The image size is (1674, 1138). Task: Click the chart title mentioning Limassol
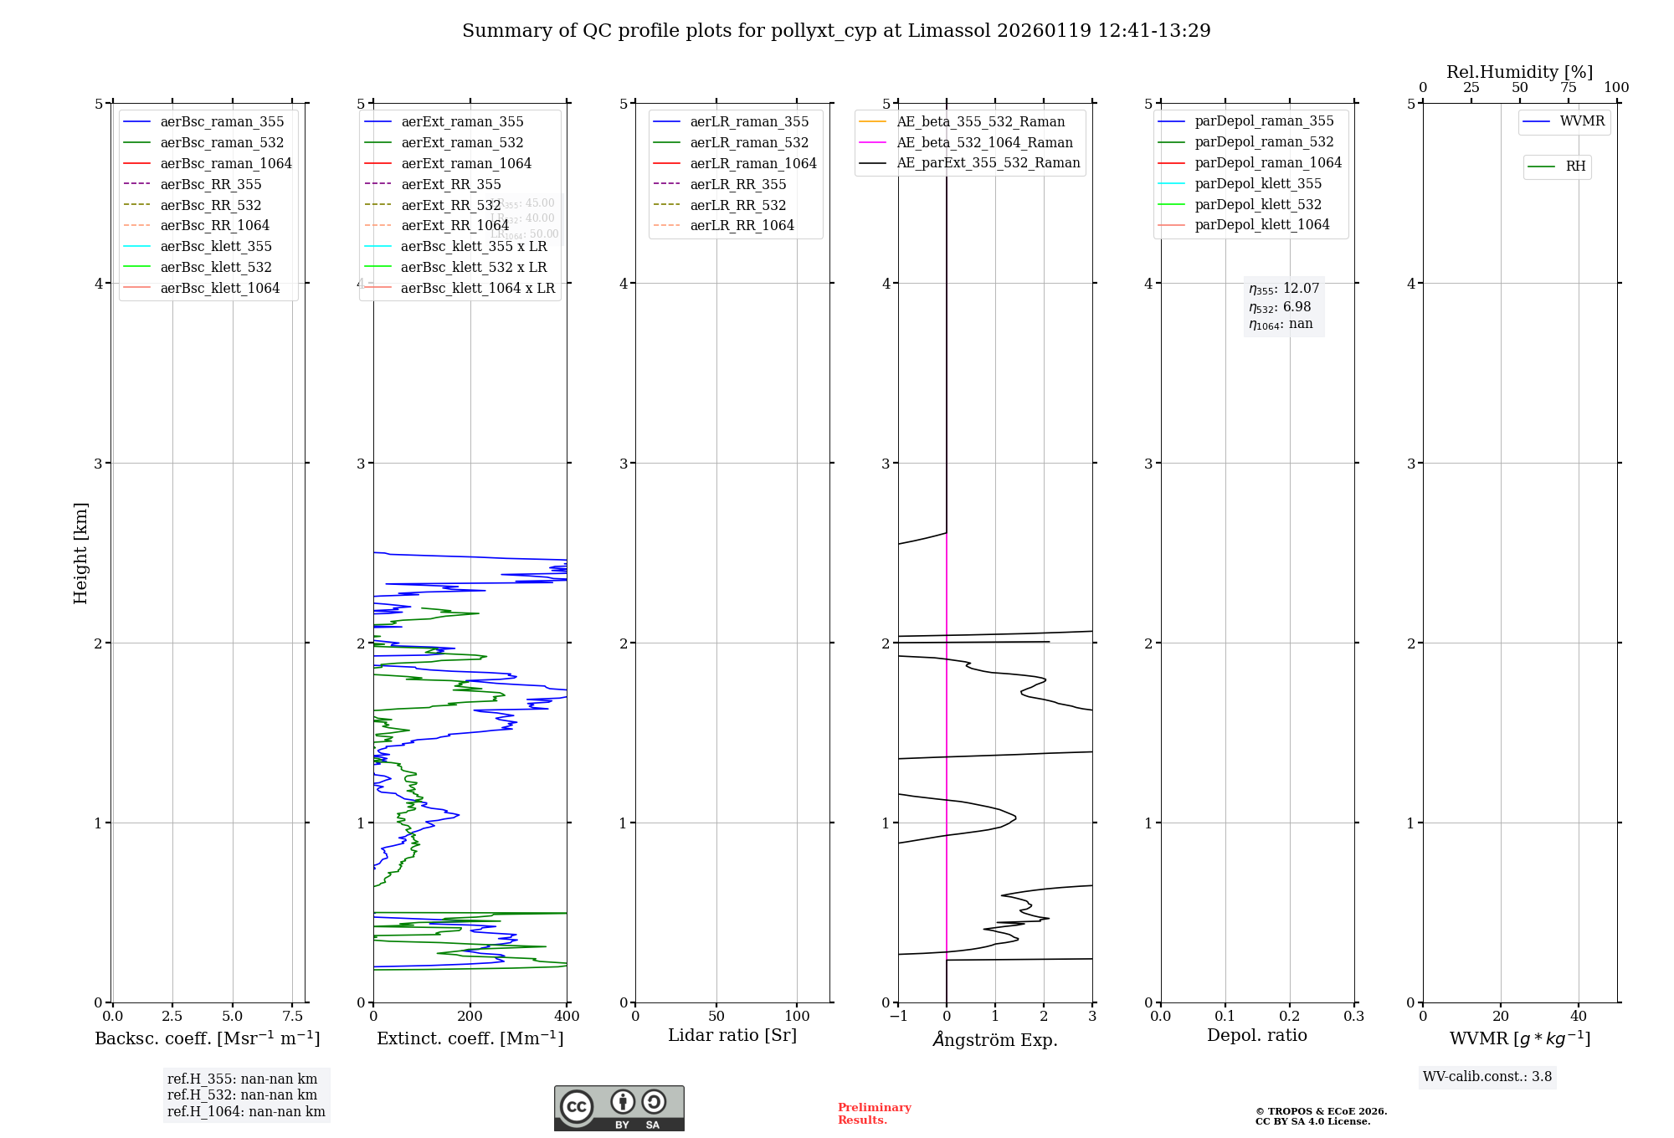pyautogui.click(x=836, y=31)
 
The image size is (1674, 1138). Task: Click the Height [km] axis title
pyautogui.click(x=80, y=553)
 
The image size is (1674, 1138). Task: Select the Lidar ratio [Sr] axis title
pyautogui.click(x=732, y=1035)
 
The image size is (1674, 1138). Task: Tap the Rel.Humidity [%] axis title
pyautogui.click(x=1519, y=72)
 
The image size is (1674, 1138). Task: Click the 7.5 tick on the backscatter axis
pyautogui.click(x=292, y=1017)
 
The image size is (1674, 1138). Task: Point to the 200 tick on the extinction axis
pyautogui.click(x=470, y=1017)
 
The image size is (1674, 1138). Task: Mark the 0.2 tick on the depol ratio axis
pyautogui.click(x=1290, y=1017)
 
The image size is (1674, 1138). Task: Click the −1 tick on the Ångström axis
pyautogui.click(x=898, y=1017)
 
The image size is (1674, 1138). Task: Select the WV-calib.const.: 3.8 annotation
pyautogui.click(x=1487, y=1077)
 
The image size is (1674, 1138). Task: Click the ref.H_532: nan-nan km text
pyautogui.click(x=242, y=1095)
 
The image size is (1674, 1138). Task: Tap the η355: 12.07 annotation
pyautogui.click(x=1284, y=289)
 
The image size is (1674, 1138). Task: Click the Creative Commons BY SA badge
pyautogui.click(x=619, y=1108)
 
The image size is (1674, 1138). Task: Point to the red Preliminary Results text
pyautogui.click(x=874, y=1114)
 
